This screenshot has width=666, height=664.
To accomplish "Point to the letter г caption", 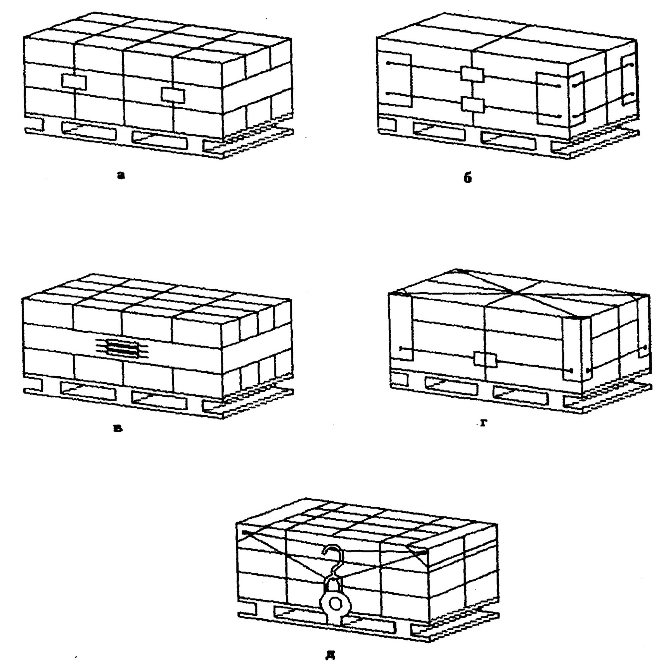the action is (483, 423).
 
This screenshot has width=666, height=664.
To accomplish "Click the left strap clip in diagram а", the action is (74, 82).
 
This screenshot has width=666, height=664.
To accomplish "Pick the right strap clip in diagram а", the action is (173, 95).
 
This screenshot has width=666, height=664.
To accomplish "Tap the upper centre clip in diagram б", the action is (472, 74).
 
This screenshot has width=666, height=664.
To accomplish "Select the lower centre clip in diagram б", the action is (473, 105).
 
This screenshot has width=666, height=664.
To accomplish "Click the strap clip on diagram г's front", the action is (485, 360).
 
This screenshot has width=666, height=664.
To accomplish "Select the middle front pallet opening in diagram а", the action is (159, 138).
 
